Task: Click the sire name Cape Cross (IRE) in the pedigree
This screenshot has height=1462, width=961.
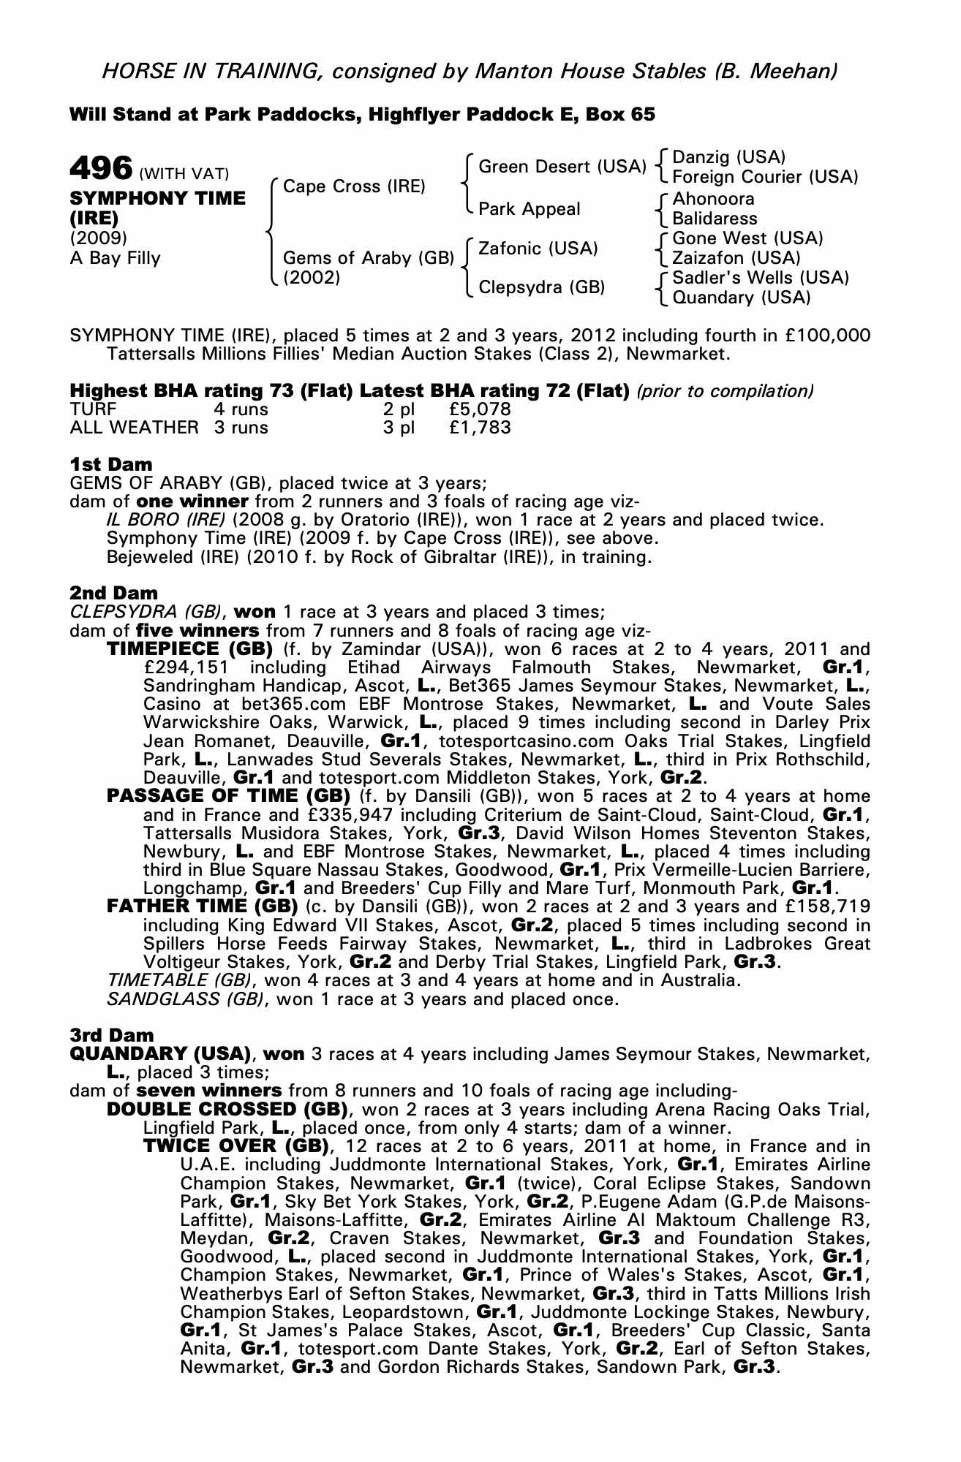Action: pyautogui.click(x=354, y=186)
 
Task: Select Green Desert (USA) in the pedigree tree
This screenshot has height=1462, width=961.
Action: pyautogui.click(x=562, y=167)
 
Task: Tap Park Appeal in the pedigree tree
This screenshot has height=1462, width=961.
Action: pyautogui.click(x=529, y=209)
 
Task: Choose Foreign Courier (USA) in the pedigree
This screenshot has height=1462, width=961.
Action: pyautogui.click(x=764, y=177)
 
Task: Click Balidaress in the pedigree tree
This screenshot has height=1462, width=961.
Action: pyautogui.click(x=715, y=219)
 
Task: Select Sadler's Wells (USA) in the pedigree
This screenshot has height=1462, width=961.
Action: pyautogui.click(x=761, y=278)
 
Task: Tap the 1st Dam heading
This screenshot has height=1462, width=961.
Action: pyautogui.click(x=111, y=464)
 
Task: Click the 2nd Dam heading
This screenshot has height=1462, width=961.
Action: pyautogui.click(x=113, y=593)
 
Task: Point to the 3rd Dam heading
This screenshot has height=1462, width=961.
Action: pyautogui.click(x=112, y=1035)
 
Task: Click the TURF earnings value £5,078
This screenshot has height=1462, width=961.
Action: pyautogui.click(x=480, y=409)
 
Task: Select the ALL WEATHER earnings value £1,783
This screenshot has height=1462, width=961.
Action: pyautogui.click(x=480, y=428)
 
